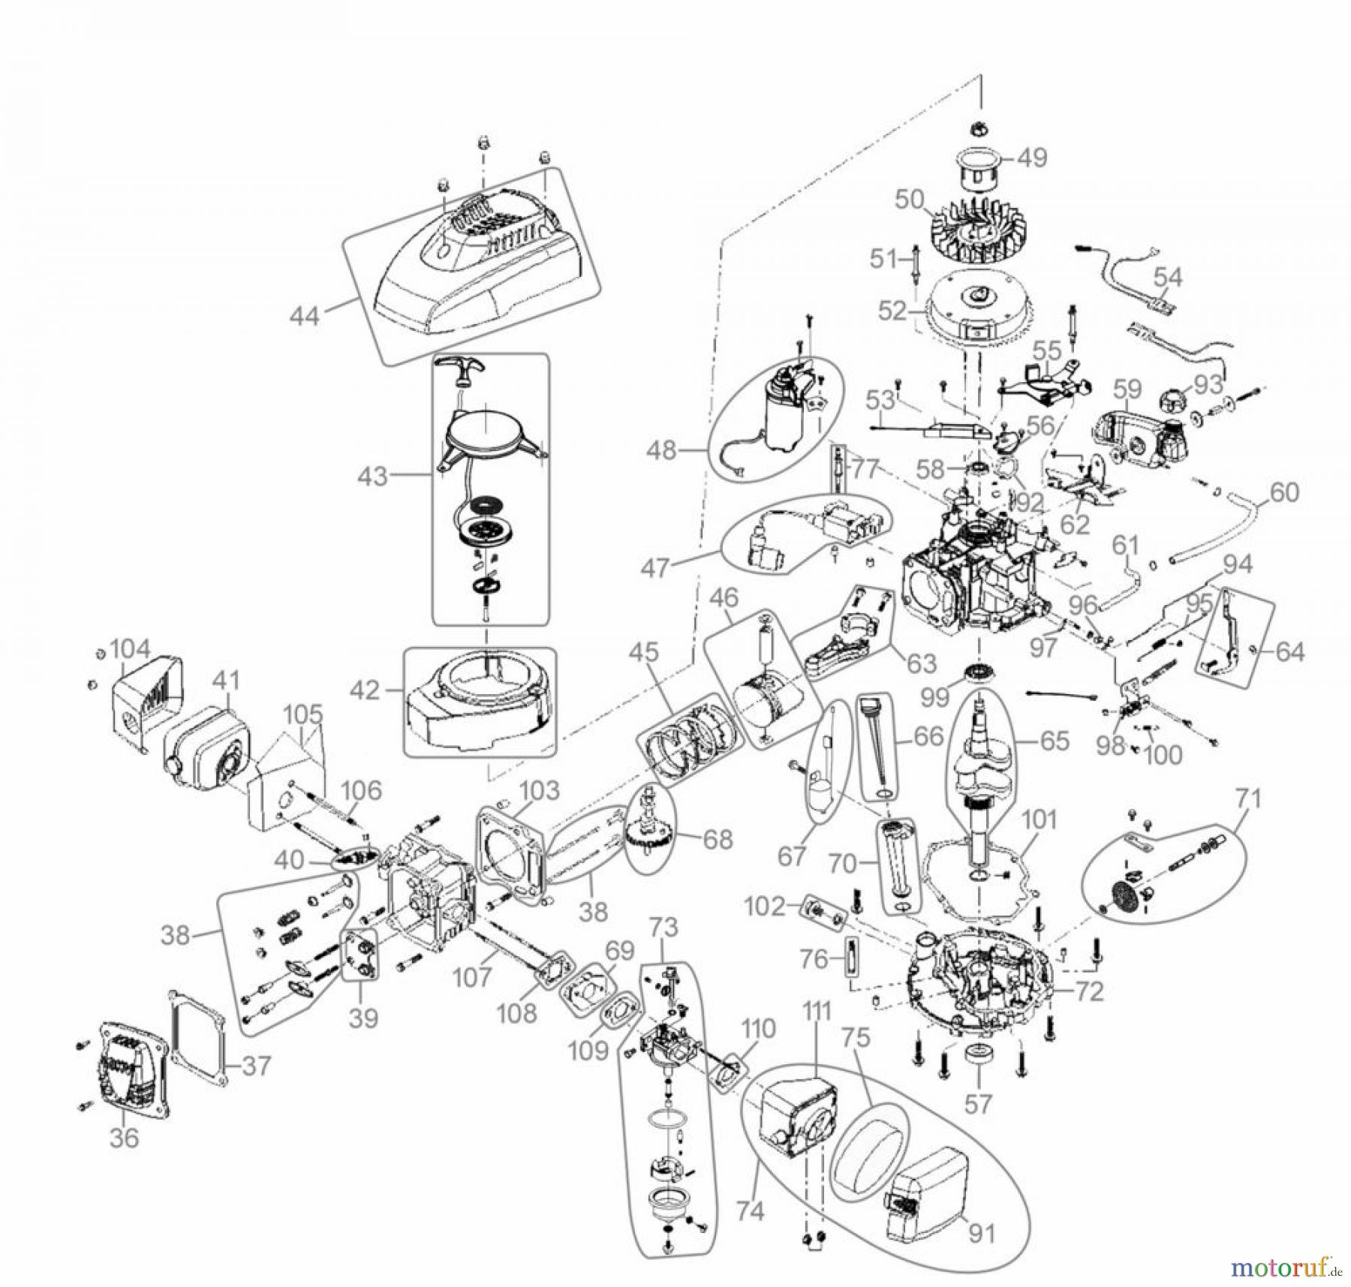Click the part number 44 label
click(x=305, y=315)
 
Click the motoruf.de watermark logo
click(x=1283, y=1267)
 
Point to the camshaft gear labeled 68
click(x=649, y=831)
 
